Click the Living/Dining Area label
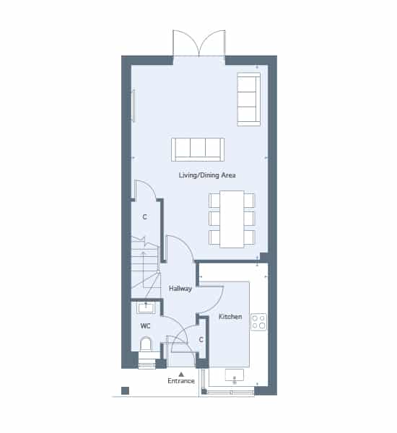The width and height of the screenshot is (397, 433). click(207, 175)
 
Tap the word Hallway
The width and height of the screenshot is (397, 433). click(180, 289)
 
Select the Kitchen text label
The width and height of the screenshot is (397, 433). click(230, 317)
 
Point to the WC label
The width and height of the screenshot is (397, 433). click(145, 326)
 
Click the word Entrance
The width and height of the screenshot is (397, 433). click(181, 381)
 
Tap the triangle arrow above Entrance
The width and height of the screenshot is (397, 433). click(181, 374)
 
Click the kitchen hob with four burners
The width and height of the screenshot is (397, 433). click(259, 322)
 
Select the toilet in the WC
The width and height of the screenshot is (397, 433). click(146, 344)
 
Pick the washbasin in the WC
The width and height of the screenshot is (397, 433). click(146, 307)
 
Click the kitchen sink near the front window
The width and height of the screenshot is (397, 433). click(235, 375)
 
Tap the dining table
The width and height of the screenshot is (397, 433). click(232, 219)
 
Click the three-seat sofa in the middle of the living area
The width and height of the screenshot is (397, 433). click(198, 149)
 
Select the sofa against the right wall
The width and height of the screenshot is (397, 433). click(248, 100)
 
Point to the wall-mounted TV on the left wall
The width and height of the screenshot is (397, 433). click(134, 105)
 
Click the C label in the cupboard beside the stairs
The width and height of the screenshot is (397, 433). click(144, 217)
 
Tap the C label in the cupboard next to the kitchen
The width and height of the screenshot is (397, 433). click(201, 340)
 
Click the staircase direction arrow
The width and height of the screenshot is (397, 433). click(143, 269)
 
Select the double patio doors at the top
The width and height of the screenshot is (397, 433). click(199, 43)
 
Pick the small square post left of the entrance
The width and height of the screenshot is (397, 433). click(125, 390)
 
